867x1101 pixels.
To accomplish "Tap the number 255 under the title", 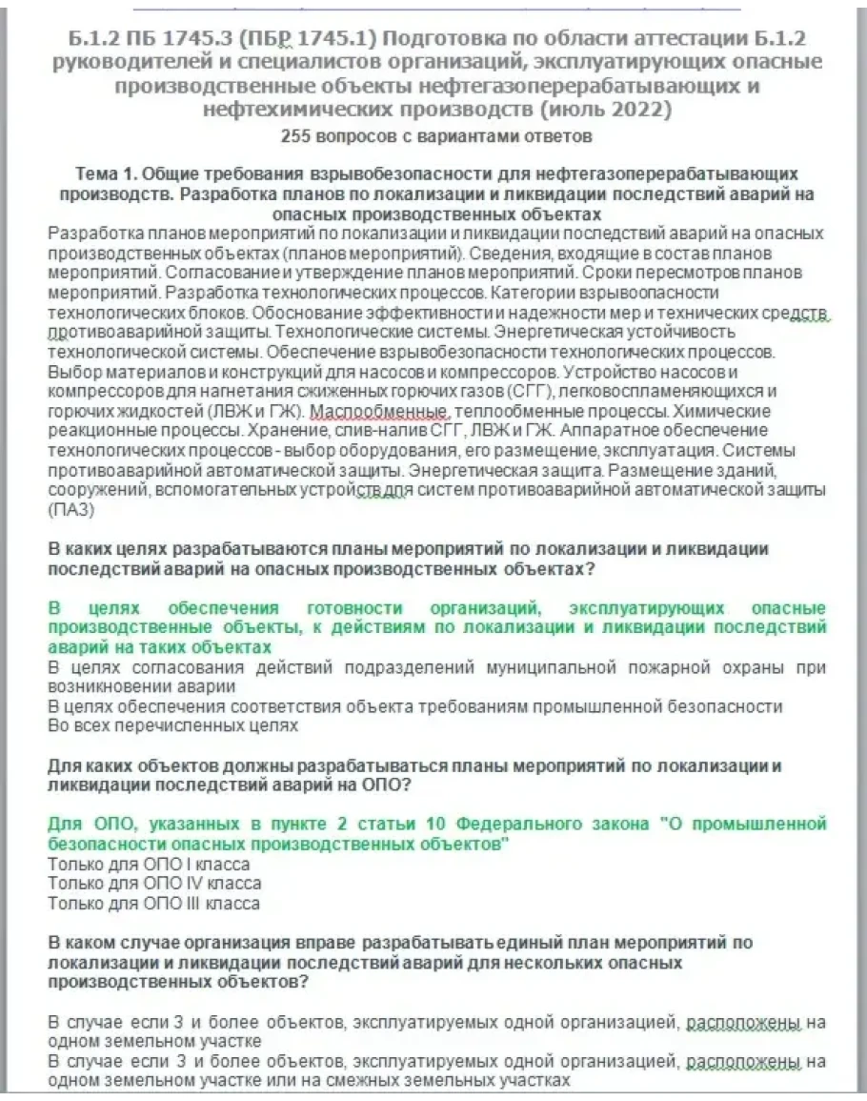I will point(297,136).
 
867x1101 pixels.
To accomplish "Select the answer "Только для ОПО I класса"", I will point(149,864).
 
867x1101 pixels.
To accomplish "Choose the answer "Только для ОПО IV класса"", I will point(153,884).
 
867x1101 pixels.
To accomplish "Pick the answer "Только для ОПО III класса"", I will point(153,903).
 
